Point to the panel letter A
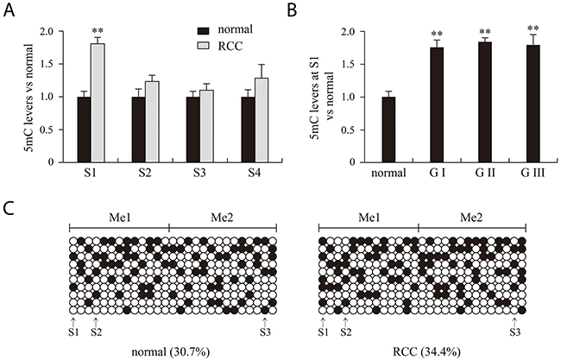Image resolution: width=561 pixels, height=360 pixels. point(9,10)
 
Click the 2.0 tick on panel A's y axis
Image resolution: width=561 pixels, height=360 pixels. point(49,32)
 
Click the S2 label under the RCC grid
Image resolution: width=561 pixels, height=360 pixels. point(344,331)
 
